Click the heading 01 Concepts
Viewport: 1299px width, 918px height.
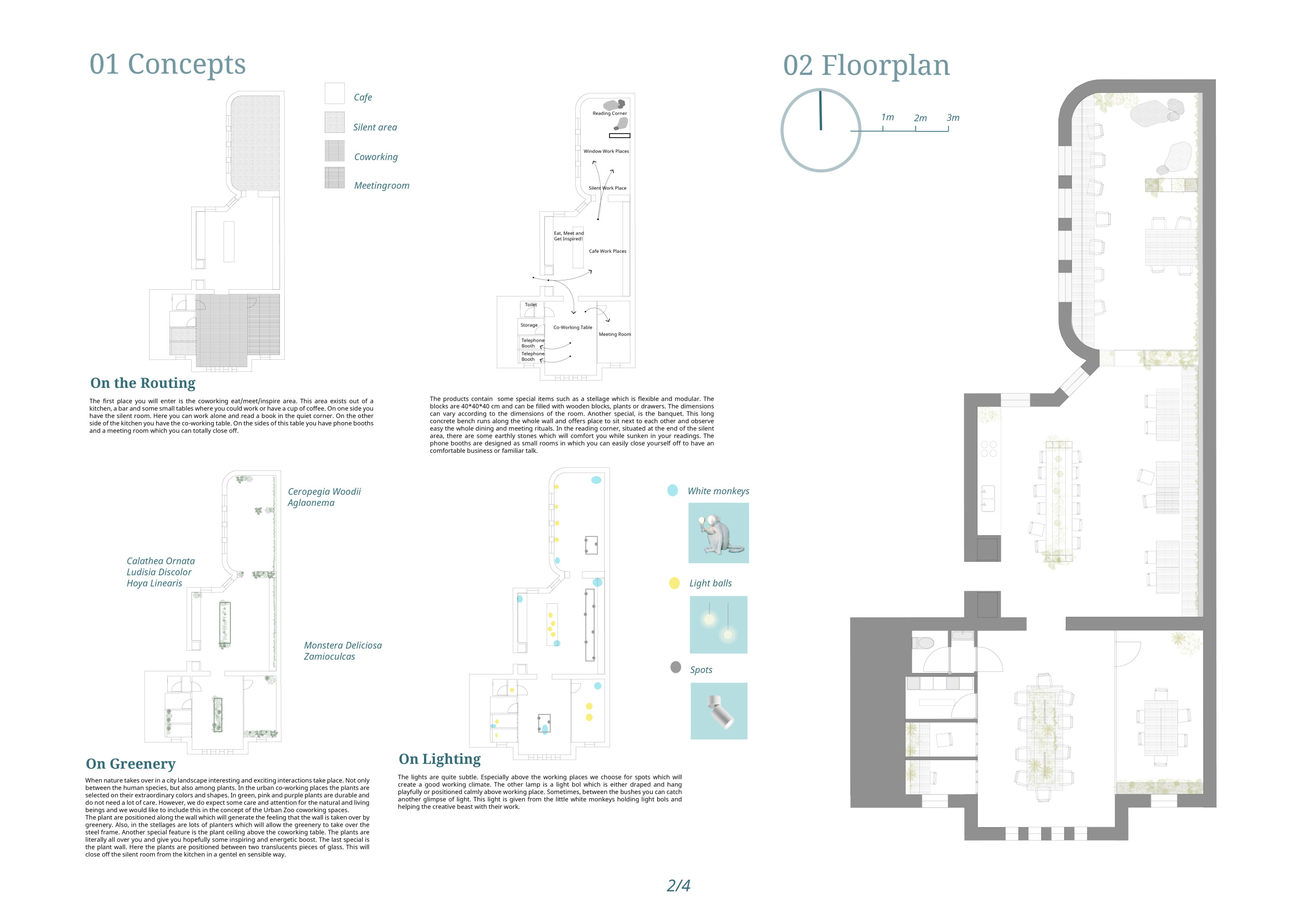click(x=167, y=64)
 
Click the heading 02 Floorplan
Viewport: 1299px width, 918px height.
click(x=866, y=65)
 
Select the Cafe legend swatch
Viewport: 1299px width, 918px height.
click(x=335, y=93)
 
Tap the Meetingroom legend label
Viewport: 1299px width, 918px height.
click(x=381, y=185)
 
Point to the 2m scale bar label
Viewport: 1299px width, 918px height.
click(x=921, y=118)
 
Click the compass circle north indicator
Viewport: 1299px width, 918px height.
click(x=820, y=130)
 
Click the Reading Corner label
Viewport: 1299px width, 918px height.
click(x=609, y=114)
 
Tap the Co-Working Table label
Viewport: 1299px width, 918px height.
click(x=573, y=327)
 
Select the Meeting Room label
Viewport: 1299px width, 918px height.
click(x=614, y=334)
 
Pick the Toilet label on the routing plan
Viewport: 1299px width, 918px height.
click(x=531, y=305)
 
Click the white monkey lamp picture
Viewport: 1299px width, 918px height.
click(x=719, y=533)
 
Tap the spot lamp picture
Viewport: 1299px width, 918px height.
click(x=719, y=711)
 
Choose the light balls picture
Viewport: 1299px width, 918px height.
click(x=719, y=625)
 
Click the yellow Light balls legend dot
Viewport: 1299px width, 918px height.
click(x=674, y=583)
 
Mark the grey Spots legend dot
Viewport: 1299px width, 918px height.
click(x=675, y=667)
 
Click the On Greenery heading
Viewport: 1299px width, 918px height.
click(x=131, y=764)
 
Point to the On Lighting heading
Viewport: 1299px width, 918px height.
click(x=440, y=759)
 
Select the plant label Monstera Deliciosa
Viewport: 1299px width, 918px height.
click(x=343, y=645)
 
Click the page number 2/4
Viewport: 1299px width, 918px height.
click(x=679, y=885)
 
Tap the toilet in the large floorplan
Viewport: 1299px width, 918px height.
click(x=923, y=643)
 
